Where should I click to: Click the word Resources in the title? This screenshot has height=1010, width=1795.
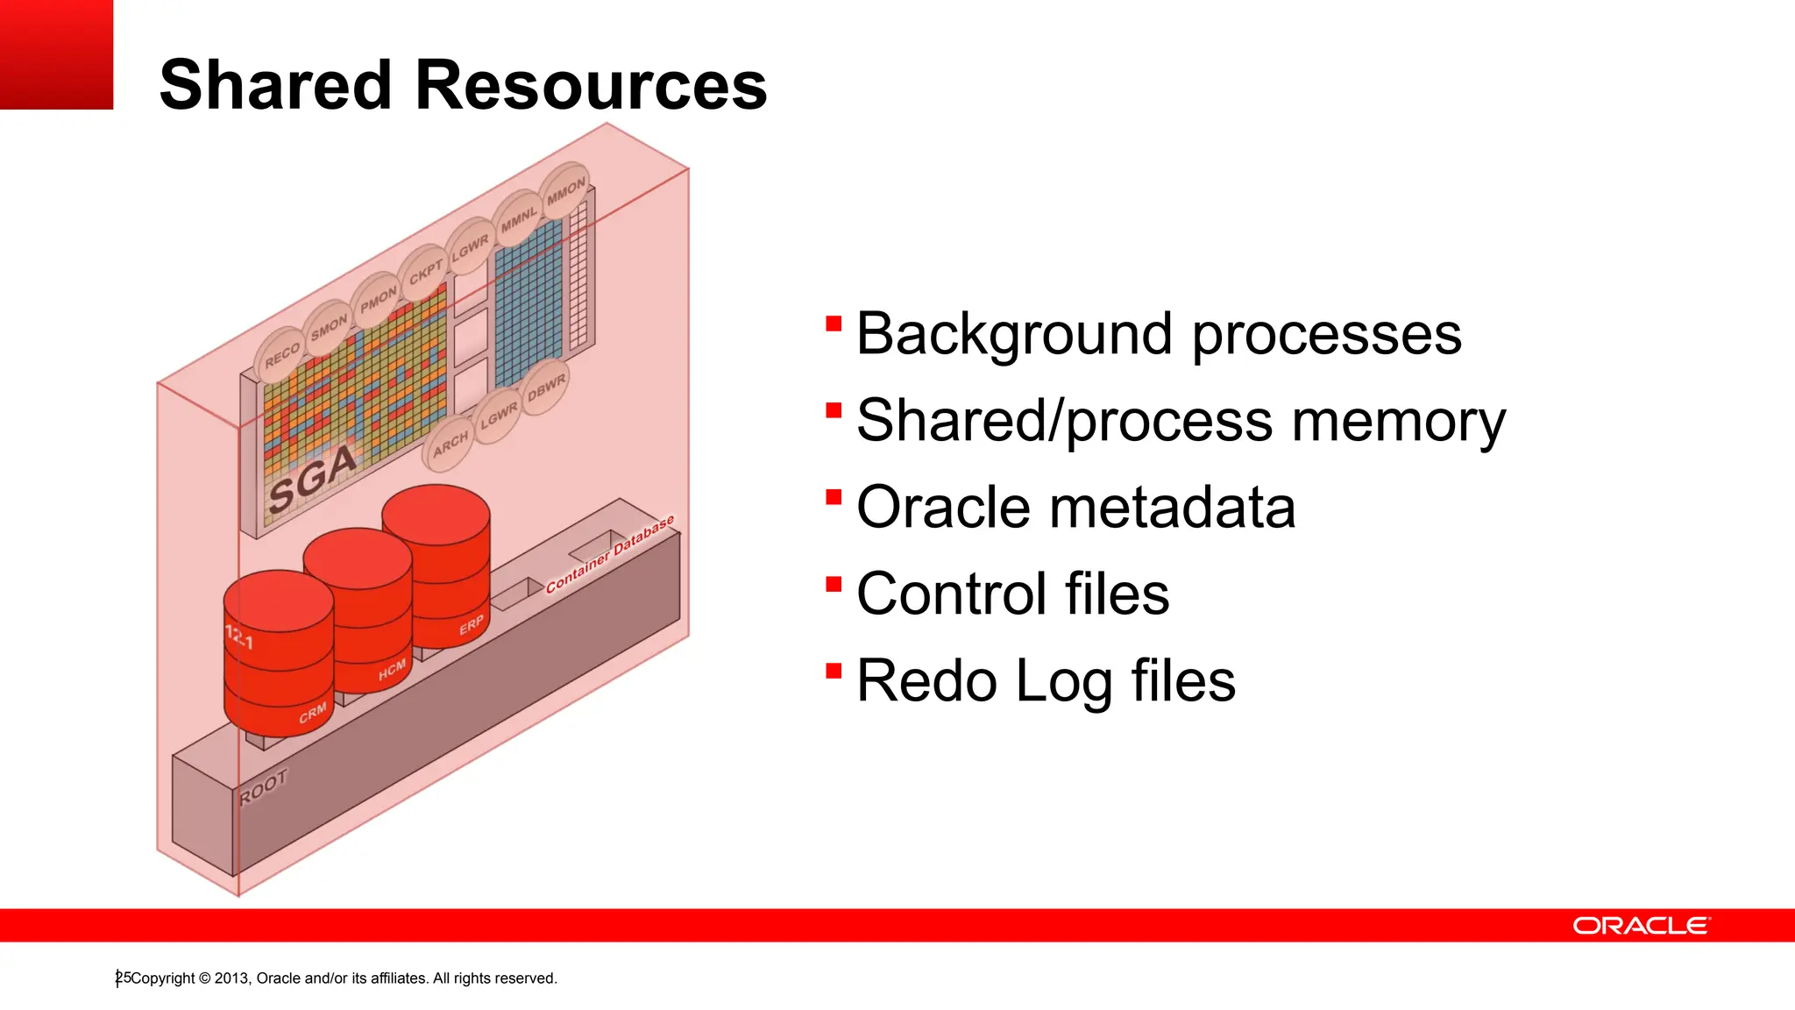click(x=591, y=85)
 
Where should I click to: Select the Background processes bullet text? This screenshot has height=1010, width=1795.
click(x=1158, y=334)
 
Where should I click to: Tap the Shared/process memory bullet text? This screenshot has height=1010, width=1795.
click(x=1180, y=421)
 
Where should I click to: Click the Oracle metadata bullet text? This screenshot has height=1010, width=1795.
click(x=1075, y=508)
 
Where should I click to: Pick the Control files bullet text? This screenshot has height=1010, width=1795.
click(x=1012, y=594)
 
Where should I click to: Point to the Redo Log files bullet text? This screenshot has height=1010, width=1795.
click(x=1045, y=681)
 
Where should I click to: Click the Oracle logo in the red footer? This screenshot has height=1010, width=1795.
click(x=1641, y=926)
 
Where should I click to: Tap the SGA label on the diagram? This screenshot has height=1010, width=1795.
click(x=312, y=479)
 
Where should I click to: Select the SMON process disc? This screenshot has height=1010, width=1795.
click(x=330, y=328)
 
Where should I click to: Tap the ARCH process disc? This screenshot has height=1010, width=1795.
click(x=450, y=444)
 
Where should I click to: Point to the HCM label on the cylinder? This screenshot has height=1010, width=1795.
click(x=392, y=670)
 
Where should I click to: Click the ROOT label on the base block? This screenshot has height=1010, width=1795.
click(x=263, y=786)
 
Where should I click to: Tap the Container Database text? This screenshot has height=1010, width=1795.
click(x=610, y=554)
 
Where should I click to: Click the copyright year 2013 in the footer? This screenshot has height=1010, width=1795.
click(x=231, y=978)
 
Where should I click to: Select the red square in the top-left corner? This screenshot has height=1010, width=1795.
click(x=56, y=54)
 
